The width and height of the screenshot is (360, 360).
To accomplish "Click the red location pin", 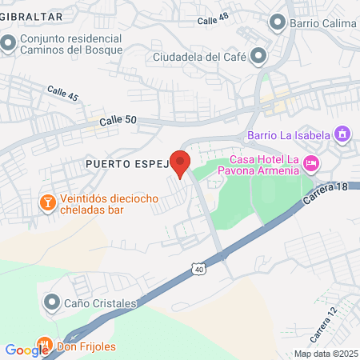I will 180,162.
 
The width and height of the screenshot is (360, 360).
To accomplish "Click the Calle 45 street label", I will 62,94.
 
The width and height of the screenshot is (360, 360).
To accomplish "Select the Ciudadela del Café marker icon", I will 258,56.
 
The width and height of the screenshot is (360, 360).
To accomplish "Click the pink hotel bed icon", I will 311,163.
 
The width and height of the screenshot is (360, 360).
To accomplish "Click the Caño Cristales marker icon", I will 52,302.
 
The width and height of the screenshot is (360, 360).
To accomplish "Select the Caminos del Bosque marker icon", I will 8,42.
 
